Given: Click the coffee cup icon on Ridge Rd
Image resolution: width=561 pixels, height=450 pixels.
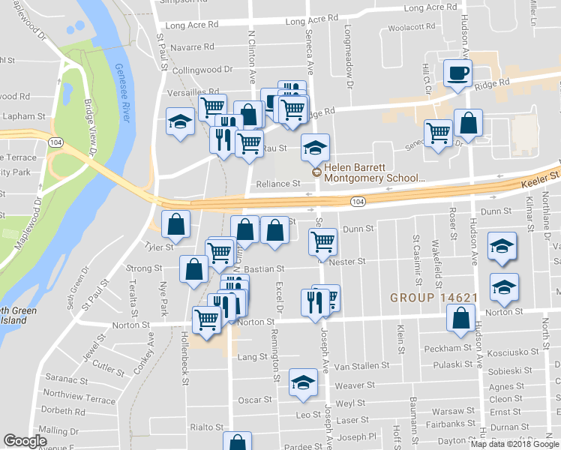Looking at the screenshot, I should [x=457, y=73].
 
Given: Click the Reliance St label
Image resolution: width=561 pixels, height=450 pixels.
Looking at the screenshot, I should [x=278, y=184].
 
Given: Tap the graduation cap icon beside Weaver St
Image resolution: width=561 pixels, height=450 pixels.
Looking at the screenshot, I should [x=303, y=383].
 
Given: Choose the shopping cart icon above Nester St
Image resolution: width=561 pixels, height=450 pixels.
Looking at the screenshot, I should [x=322, y=241].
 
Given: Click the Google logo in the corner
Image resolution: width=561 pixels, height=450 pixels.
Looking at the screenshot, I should [x=26, y=441].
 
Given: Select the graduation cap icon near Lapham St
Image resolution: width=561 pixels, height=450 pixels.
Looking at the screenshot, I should [x=180, y=121].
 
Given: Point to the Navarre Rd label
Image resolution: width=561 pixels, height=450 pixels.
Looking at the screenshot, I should [x=193, y=47].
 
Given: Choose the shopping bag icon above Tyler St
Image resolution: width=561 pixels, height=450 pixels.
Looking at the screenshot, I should [x=175, y=223].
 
